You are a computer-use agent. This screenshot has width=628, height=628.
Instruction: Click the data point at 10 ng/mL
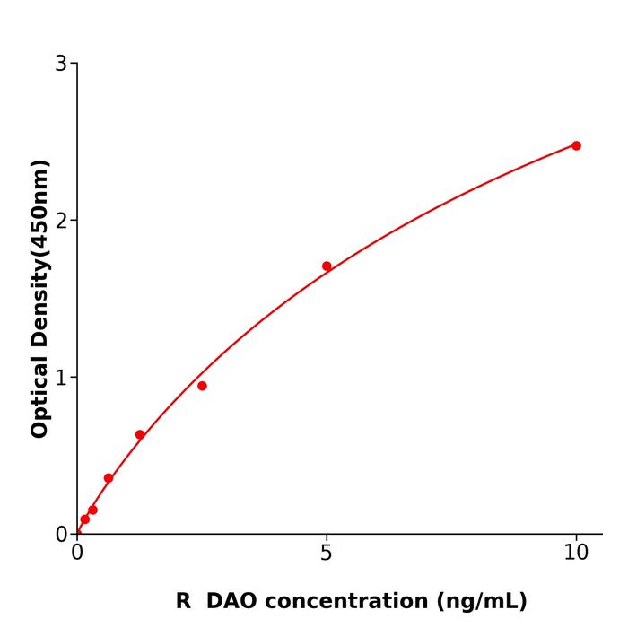click(x=576, y=145)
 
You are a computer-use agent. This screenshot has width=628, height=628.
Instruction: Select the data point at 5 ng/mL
click(x=327, y=266)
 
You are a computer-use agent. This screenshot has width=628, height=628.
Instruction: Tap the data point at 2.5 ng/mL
click(x=202, y=386)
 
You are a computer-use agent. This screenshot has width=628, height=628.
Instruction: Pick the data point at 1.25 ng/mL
click(x=140, y=435)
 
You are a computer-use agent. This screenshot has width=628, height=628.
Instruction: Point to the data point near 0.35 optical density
click(x=109, y=478)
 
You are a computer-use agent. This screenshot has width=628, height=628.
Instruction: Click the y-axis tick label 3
click(x=61, y=63)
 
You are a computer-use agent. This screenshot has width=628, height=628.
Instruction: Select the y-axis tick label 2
click(x=61, y=220)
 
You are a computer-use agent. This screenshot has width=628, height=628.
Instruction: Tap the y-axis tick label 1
click(x=61, y=377)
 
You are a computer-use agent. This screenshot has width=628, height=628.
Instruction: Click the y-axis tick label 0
click(x=61, y=534)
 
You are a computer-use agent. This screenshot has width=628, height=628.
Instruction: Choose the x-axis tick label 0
click(x=77, y=553)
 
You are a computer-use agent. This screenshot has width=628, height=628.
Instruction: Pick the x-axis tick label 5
click(x=327, y=553)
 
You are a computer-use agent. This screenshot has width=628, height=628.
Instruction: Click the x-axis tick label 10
click(x=576, y=553)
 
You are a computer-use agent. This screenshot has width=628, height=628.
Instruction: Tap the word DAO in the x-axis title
click(x=232, y=601)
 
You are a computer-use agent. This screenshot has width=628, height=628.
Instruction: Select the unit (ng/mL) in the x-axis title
click(x=481, y=601)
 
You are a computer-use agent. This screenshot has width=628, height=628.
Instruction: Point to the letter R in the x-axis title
click(x=183, y=601)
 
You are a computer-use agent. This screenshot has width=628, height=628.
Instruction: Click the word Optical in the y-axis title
click(x=39, y=394)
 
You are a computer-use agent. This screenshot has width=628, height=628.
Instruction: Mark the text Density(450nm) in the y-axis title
click(x=39, y=254)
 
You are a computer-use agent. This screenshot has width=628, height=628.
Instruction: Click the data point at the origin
click(x=78, y=533)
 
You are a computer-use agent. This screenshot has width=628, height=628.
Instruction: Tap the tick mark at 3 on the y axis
click(x=74, y=63)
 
